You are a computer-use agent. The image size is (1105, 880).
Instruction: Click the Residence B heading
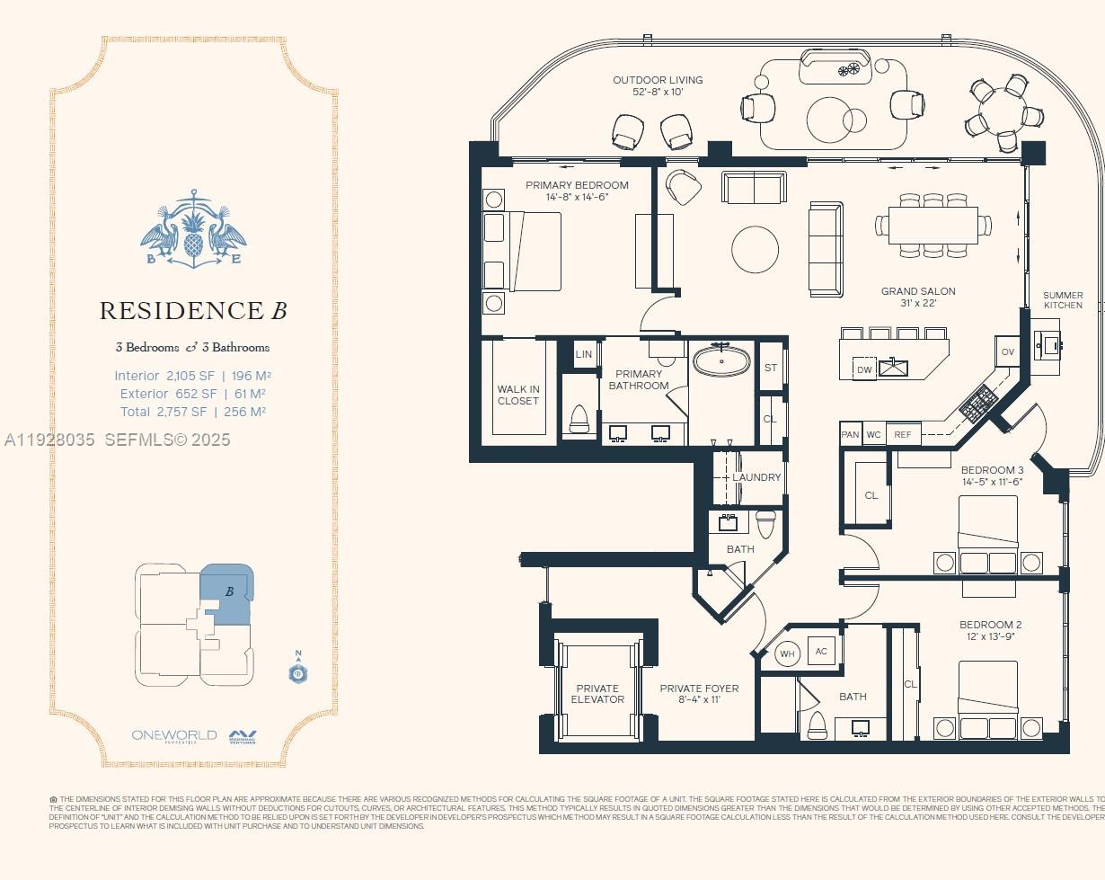pyautogui.click(x=193, y=311)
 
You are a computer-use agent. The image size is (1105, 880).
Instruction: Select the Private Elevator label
pyautogui.click(x=597, y=694)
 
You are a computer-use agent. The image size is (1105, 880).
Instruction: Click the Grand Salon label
pyautogui.click(x=917, y=291)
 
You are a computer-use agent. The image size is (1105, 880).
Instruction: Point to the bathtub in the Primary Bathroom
pyautogui.click(x=722, y=361)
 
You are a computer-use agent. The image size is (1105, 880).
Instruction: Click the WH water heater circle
pyautogui.click(x=787, y=653)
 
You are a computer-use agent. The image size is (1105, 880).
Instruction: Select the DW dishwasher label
pyautogui.click(x=864, y=369)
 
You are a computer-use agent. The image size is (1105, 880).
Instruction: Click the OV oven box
pyautogui.click(x=1007, y=351)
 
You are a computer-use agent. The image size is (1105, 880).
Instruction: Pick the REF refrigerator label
pyautogui.click(x=903, y=435)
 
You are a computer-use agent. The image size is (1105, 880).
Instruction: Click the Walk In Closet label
pyautogui.click(x=518, y=396)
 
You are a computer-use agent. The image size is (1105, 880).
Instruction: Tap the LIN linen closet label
pyautogui.click(x=584, y=354)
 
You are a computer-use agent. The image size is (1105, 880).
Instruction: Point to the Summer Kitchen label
pyautogui.click(x=1063, y=300)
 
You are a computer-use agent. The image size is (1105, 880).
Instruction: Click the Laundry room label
pyautogui.click(x=756, y=477)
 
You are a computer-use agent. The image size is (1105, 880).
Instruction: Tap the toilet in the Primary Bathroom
pyautogui.click(x=579, y=418)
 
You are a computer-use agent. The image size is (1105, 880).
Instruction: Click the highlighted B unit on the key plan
pyautogui.click(x=226, y=593)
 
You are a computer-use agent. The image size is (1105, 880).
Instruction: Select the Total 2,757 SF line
pyautogui.click(x=193, y=412)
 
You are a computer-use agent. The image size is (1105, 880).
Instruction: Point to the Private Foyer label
pyautogui.click(x=699, y=694)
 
